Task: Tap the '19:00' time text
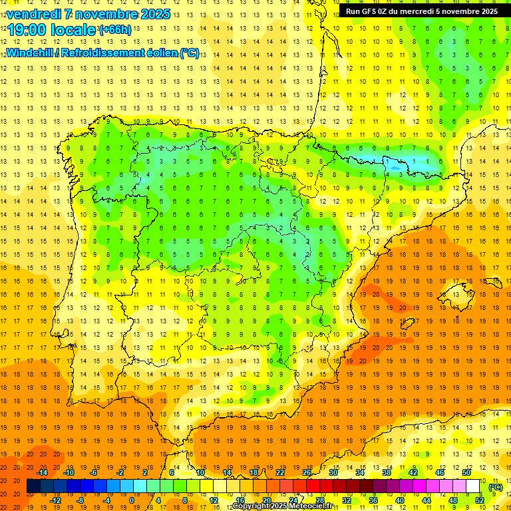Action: pyautogui.click(x=27, y=31)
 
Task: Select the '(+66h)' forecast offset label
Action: pyautogui.click(x=115, y=30)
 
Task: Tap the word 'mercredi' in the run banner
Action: pyautogui.click(x=427, y=11)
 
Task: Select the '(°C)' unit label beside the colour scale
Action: pyautogui.click(x=495, y=486)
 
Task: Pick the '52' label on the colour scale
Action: pyautogui.click(x=480, y=500)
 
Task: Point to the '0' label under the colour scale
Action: pyautogui.click(x=131, y=500)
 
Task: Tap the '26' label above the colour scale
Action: pyautogui.click(x=307, y=472)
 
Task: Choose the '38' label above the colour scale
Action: pyautogui.click(x=387, y=472)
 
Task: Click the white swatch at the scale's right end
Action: pyautogui.click(x=473, y=486)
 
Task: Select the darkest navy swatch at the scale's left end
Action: pyautogui.click(x=33, y=486)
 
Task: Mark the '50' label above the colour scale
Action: pyautogui.click(x=466, y=472)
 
